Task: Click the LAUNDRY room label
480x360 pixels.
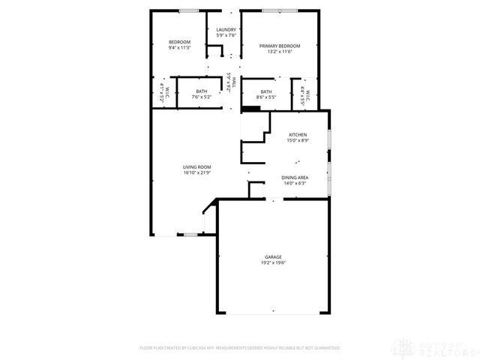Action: click(226, 30)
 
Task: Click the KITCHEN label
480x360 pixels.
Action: click(298, 134)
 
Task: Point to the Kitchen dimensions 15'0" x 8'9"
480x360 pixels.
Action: click(298, 140)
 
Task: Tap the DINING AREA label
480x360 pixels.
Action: click(295, 177)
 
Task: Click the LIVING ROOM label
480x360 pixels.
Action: click(197, 166)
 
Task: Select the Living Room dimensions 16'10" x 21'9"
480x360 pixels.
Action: click(197, 172)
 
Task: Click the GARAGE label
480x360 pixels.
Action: click(272, 256)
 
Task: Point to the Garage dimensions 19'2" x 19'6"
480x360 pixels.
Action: click(272, 262)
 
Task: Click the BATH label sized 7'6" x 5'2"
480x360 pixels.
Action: click(202, 91)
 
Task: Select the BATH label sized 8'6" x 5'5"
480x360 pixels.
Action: click(266, 91)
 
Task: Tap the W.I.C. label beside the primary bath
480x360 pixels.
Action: click(307, 93)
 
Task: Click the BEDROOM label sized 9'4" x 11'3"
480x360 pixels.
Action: click(179, 41)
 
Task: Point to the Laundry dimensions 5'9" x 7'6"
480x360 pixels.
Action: click(226, 35)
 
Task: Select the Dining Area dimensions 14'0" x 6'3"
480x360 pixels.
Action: click(295, 183)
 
